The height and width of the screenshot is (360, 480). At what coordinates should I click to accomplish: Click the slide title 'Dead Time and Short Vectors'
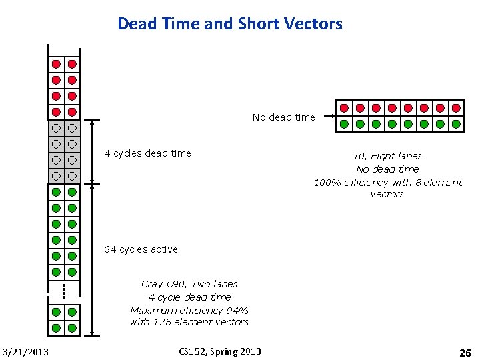click(x=230, y=25)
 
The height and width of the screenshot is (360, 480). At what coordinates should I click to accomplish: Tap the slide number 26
click(x=465, y=352)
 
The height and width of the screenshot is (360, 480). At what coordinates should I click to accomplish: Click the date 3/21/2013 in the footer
click(x=25, y=352)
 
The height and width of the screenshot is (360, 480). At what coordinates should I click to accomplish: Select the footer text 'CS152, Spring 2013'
click(x=221, y=351)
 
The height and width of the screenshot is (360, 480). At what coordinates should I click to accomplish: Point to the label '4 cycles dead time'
click(x=147, y=153)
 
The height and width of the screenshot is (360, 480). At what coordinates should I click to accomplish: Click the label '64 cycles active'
click(x=141, y=249)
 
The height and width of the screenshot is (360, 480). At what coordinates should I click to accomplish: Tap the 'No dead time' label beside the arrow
click(x=283, y=117)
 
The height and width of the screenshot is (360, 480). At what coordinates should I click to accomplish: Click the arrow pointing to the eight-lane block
click(x=326, y=117)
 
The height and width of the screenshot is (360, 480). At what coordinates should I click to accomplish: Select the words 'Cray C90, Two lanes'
click(x=189, y=284)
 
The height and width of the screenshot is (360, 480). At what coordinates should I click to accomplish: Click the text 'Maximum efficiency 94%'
click(x=189, y=310)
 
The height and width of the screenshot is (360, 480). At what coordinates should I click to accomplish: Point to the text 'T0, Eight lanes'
click(x=387, y=156)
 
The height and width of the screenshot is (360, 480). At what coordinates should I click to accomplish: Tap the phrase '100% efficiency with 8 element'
click(x=387, y=182)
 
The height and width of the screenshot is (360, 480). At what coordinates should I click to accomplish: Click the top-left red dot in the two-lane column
click(x=57, y=64)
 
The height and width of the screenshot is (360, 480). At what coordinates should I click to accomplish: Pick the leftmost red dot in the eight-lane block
click(x=344, y=108)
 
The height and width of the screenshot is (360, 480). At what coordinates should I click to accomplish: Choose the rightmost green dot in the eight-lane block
click(x=456, y=123)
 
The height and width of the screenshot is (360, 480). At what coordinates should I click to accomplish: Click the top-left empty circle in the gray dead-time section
click(x=57, y=128)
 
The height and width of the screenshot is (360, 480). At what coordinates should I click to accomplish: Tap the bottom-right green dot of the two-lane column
click(x=72, y=328)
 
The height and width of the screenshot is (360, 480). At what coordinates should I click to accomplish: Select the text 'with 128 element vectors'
click(x=189, y=322)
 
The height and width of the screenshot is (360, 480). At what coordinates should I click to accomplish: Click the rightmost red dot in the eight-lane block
click(x=456, y=108)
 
